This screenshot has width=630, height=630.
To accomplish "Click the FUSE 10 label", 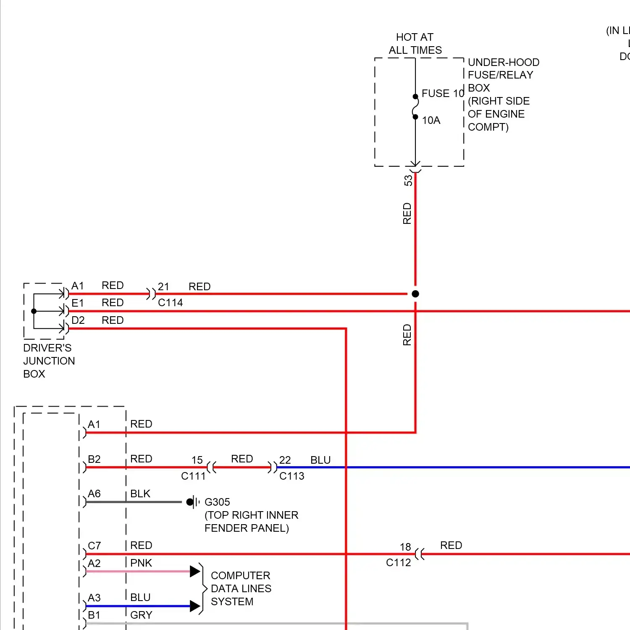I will click(442, 93).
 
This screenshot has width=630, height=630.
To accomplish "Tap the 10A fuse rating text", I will click(431, 121).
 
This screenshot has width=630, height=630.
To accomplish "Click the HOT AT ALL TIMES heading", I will click(415, 44).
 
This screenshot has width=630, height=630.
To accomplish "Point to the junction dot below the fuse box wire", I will click(415, 294).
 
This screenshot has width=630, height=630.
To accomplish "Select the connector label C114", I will click(170, 303).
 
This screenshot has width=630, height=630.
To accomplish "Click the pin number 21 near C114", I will click(163, 286).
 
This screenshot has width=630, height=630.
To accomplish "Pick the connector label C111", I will click(193, 476).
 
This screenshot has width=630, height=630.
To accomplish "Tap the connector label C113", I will click(291, 476).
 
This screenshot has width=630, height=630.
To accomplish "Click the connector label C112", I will click(398, 562).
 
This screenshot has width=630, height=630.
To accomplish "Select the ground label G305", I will click(217, 502).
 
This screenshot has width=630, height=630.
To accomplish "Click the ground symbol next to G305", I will click(192, 502).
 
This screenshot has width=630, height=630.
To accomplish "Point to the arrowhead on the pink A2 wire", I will click(195, 571).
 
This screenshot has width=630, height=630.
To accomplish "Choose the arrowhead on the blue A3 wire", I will click(195, 606).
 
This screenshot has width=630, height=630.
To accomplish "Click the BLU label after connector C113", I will click(320, 460).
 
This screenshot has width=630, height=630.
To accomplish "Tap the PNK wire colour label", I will click(141, 563).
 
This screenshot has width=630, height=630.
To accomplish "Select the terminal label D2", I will click(78, 320).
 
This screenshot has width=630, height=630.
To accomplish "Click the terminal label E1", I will click(78, 303).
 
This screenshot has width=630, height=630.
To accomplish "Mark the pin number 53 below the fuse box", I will click(408, 181).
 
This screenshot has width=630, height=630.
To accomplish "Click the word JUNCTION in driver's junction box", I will click(49, 361).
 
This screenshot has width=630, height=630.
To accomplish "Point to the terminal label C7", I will click(94, 546).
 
